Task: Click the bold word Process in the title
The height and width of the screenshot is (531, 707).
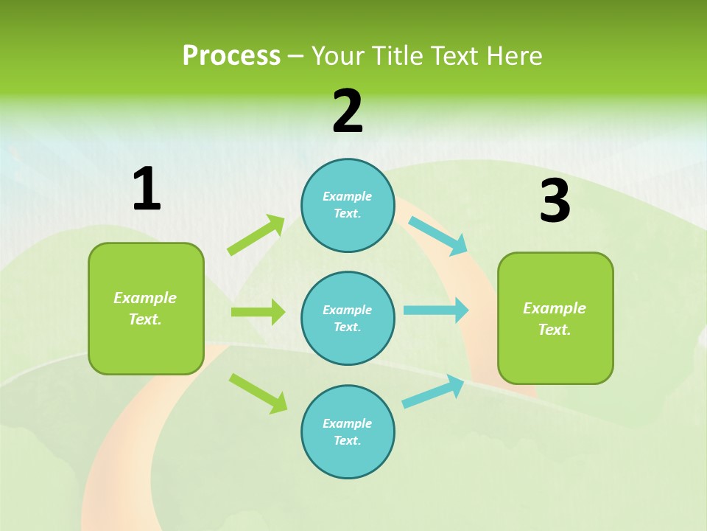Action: (231, 56)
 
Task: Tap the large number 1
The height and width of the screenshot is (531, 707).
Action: (147, 190)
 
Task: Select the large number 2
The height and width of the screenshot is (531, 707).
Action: (348, 112)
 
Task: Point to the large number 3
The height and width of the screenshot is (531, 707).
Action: (555, 201)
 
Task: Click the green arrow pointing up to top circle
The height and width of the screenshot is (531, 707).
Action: (256, 235)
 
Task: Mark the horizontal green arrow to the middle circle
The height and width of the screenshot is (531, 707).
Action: (258, 312)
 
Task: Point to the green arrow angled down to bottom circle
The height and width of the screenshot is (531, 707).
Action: (258, 392)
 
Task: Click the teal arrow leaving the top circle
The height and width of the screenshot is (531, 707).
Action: (437, 235)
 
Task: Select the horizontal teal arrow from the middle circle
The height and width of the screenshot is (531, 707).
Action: (436, 310)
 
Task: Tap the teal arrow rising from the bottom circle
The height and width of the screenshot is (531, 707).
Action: (433, 392)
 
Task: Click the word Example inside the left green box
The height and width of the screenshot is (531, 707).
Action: (145, 298)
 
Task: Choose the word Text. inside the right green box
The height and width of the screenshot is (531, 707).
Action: (555, 330)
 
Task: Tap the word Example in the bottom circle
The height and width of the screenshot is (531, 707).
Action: (348, 423)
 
